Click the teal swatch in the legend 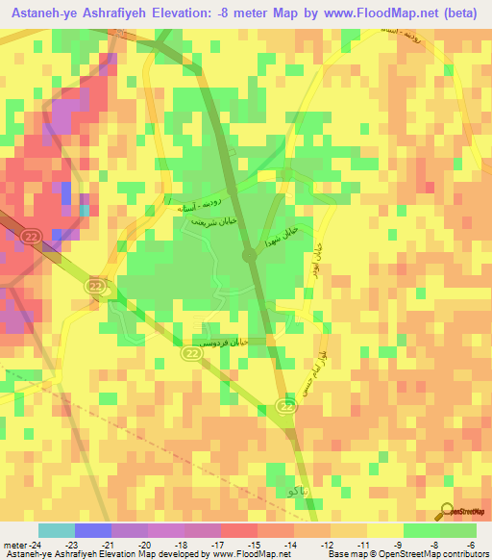point(56,530)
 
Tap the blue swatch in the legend point(92,530)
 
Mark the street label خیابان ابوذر point(312,258)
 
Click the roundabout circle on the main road point(248,255)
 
